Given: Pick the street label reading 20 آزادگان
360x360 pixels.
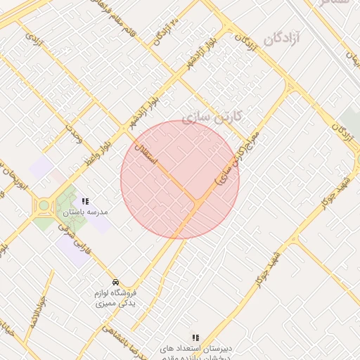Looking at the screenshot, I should (167, 29).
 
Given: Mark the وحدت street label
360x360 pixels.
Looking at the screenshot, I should (74, 131).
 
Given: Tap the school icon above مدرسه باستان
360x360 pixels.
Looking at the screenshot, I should (85, 201).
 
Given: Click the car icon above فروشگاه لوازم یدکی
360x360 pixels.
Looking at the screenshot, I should (115, 281).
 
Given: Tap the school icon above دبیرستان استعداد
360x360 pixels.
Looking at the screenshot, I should (195, 338).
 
